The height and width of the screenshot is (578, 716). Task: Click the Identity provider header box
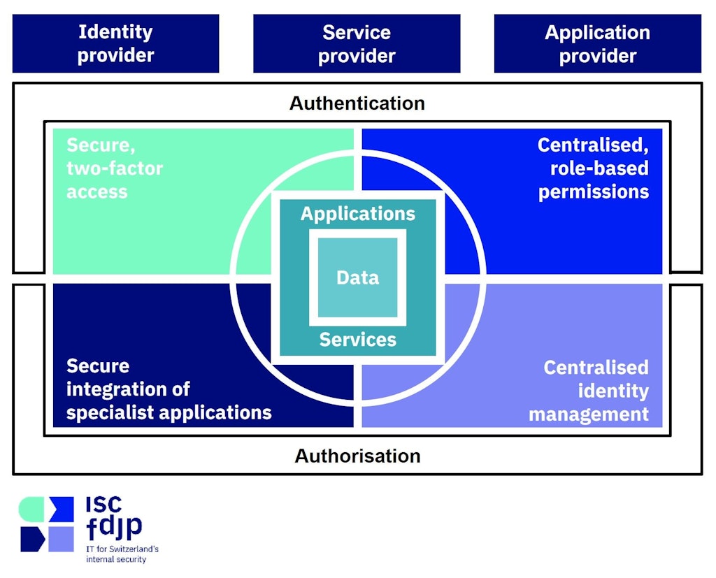[x=115, y=43]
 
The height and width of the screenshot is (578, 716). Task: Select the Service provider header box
[x=357, y=43]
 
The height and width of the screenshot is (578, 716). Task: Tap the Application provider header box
[x=597, y=43]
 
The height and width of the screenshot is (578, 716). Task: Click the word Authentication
[x=357, y=103]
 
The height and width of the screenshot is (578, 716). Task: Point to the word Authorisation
[x=357, y=456]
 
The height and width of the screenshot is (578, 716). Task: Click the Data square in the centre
[x=357, y=277]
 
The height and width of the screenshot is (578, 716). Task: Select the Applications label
[x=357, y=214]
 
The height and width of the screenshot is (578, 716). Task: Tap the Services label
[x=357, y=340]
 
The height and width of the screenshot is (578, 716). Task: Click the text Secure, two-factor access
[x=114, y=168]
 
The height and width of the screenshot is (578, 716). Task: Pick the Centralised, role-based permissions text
[x=593, y=168]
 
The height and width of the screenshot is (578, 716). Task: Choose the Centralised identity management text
[x=589, y=391]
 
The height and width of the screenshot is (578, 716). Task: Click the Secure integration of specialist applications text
[x=169, y=389]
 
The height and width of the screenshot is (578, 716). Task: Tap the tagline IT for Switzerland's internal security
[x=122, y=554]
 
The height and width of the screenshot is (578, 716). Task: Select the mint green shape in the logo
[x=31, y=509]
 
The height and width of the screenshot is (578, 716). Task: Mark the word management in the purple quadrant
[x=589, y=414]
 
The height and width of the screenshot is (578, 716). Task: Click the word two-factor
[x=114, y=168]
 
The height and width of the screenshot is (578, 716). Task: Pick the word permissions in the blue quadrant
[x=594, y=192]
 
